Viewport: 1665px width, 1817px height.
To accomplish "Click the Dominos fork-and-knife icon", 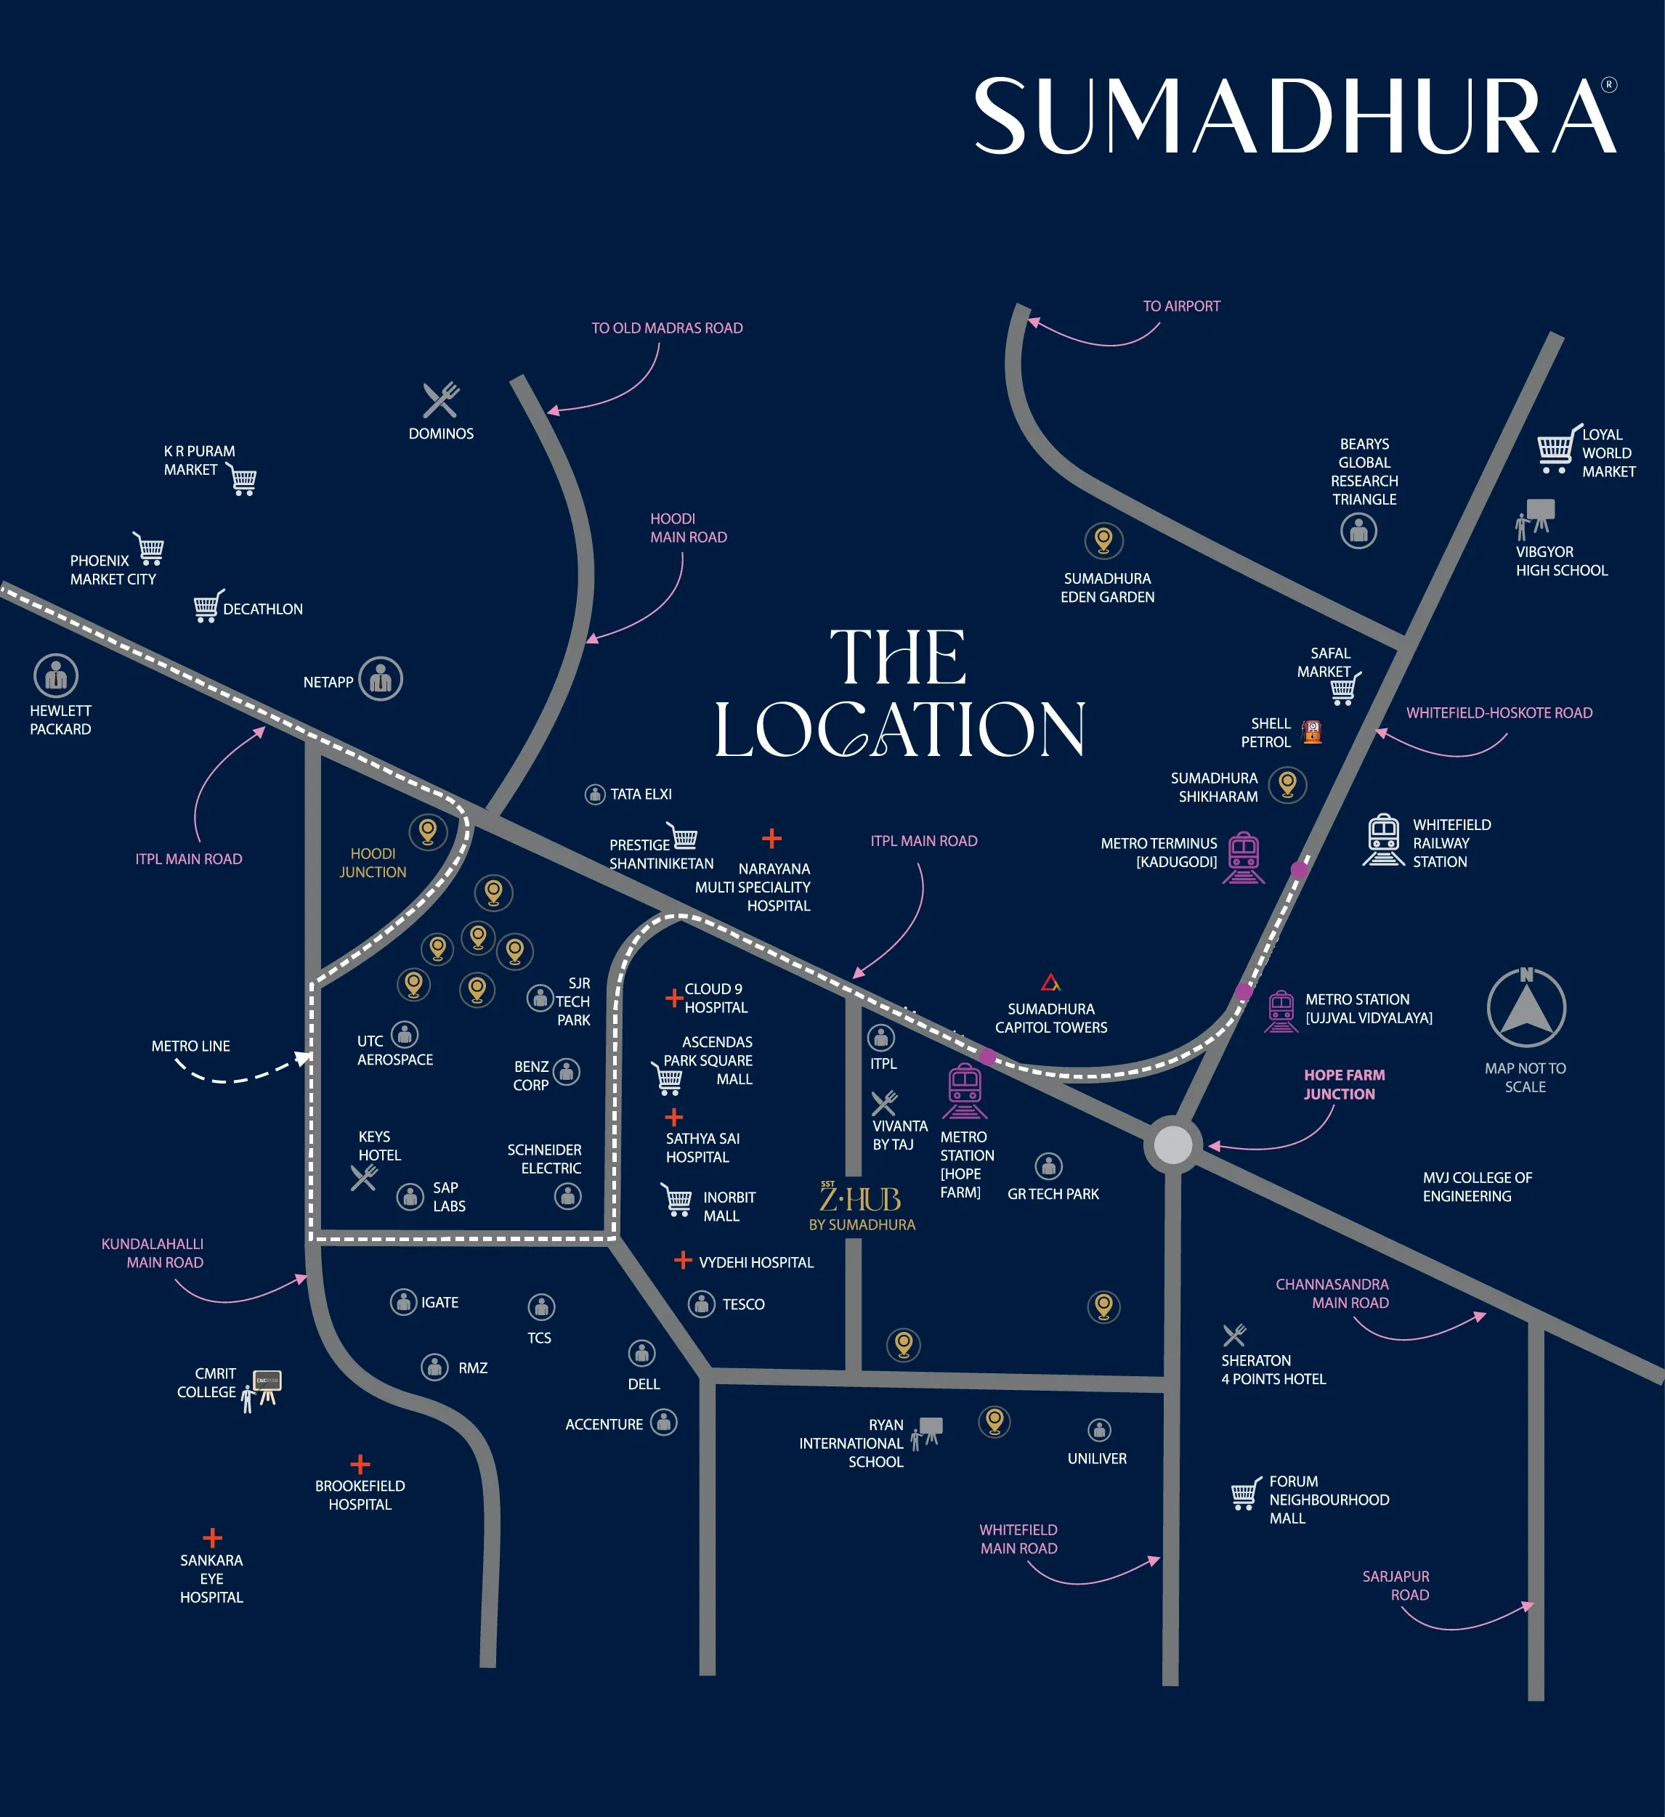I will coord(441,400).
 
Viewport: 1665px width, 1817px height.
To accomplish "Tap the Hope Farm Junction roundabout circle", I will coord(1172,1145).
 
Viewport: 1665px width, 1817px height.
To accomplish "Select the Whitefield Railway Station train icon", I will coord(1383,840).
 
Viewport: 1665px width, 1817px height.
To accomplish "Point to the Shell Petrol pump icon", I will coord(1313,732).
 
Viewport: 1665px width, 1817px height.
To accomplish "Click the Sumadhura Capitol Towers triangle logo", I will coord(1050,982).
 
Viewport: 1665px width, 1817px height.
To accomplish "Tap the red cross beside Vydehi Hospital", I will coord(684,1260).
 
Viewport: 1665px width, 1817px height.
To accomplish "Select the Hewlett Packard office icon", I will coord(56,675).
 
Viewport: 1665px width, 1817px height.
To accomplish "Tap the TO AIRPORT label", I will coord(1181,306).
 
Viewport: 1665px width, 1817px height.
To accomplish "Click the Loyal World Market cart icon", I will coord(1557,450).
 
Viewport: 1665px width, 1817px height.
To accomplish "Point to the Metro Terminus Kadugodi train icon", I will coord(1243,857).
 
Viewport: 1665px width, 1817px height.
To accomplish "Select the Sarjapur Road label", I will coord(1396,1585).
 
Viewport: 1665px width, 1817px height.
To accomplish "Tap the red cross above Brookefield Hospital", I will coord(360,1464).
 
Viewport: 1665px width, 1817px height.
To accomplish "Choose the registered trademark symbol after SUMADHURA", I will coord(1608,85).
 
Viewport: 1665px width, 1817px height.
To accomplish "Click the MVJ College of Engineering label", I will coord(1477,1187).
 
